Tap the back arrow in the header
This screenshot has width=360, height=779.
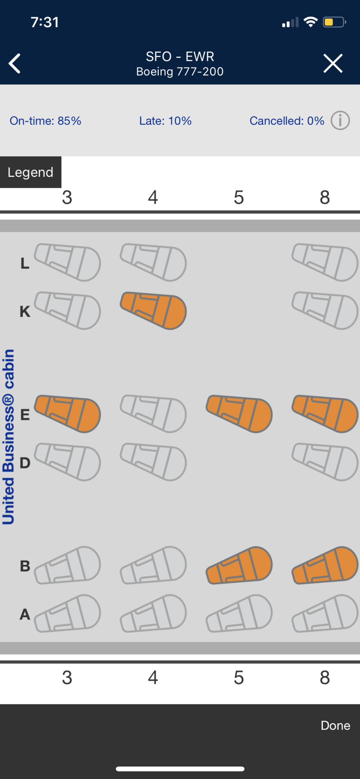(14, 63)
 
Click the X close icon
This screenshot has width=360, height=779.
(333, 63)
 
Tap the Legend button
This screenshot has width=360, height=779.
(31, 172)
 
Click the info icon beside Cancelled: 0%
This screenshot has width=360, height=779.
(340, 120)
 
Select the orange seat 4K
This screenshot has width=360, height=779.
(153, 311)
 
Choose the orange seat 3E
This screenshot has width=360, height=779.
(67, 414)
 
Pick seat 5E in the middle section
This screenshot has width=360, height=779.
(239, 414)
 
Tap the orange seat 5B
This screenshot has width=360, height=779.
(239, 565)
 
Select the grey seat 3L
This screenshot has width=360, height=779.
(67, 262)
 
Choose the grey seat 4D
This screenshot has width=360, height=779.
(153, 462)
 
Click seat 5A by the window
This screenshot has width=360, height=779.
(239, 614)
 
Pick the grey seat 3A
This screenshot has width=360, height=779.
(67, 614)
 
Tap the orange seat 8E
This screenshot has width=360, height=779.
(325, 414)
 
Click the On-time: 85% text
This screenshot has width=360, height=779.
(45, 121)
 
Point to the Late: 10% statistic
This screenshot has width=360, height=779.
(166, 121)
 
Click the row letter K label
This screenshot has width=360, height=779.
(25, 312)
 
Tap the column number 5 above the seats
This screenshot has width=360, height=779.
(239, 197)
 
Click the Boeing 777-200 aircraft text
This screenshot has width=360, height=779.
(180, 72)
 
